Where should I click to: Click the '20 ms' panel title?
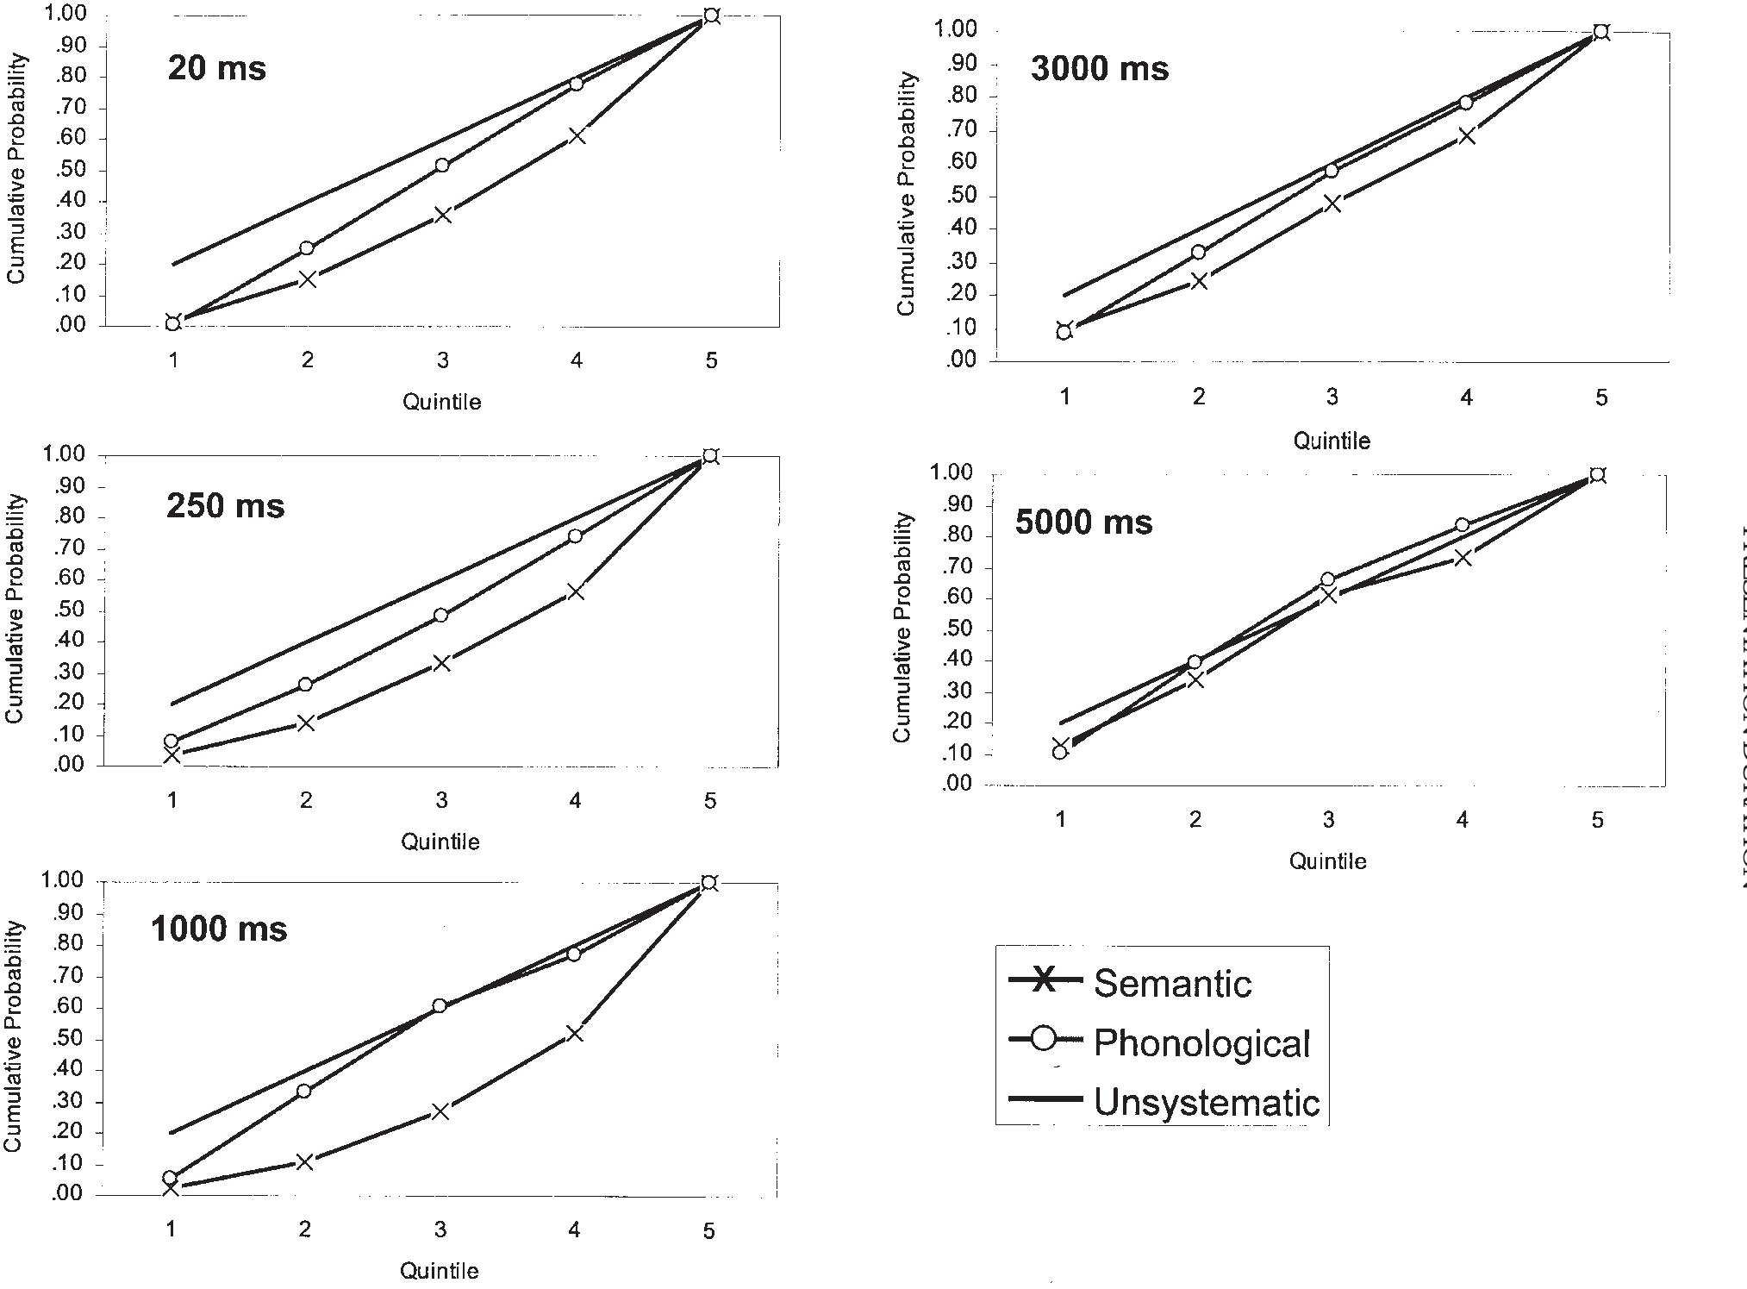(217, 68)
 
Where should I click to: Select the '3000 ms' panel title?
(1100, 69)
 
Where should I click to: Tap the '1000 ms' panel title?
(219, 929)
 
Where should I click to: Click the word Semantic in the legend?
(1172, 984)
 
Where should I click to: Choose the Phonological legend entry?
(1201, 1043)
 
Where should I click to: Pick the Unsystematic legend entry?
(1206, 1103)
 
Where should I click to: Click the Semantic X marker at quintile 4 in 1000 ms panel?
(575, 1033)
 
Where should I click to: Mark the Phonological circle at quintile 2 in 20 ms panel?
(307, 248)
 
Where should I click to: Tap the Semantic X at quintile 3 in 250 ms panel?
(441, 663)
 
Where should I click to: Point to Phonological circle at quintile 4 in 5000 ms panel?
(1463, 525)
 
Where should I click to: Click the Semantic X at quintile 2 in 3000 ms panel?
(1199, 281)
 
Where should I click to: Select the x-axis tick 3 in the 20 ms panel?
(442, 360)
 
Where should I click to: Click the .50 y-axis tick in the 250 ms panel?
(68, 610)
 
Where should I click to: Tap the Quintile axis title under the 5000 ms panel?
(1327, 861)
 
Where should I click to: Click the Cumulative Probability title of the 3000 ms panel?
(906, 194)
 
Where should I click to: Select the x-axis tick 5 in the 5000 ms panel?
(1597, 821)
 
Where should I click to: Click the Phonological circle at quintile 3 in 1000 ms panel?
(440, 1005)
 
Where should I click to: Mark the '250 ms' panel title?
(225, 506)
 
